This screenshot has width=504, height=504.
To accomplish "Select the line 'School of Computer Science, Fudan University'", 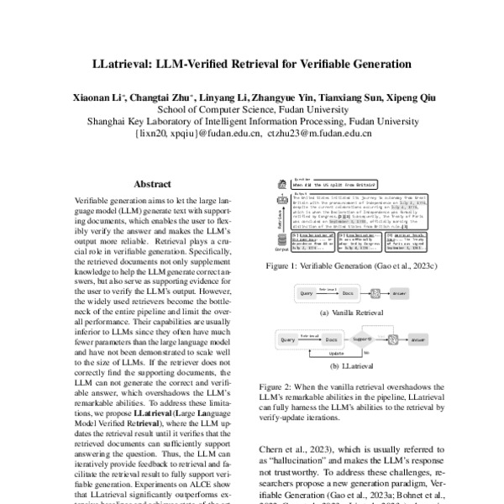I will point(251,109).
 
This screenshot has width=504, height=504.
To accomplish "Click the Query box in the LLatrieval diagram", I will point(288,342).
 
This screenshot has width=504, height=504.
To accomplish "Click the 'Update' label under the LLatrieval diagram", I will point(336,354).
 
